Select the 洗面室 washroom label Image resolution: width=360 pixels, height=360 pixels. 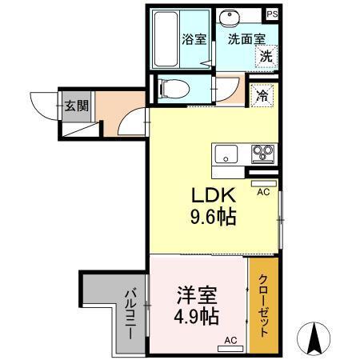(242, 38)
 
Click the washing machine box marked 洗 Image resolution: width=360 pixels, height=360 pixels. (264, 57)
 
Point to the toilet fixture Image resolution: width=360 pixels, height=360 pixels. (172, 88)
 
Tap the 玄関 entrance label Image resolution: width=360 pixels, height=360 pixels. (77, 104)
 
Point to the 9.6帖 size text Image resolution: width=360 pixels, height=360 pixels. (213, 217)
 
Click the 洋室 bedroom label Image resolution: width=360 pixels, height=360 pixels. (197, 294)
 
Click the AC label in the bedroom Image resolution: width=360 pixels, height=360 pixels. (230, 340)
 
